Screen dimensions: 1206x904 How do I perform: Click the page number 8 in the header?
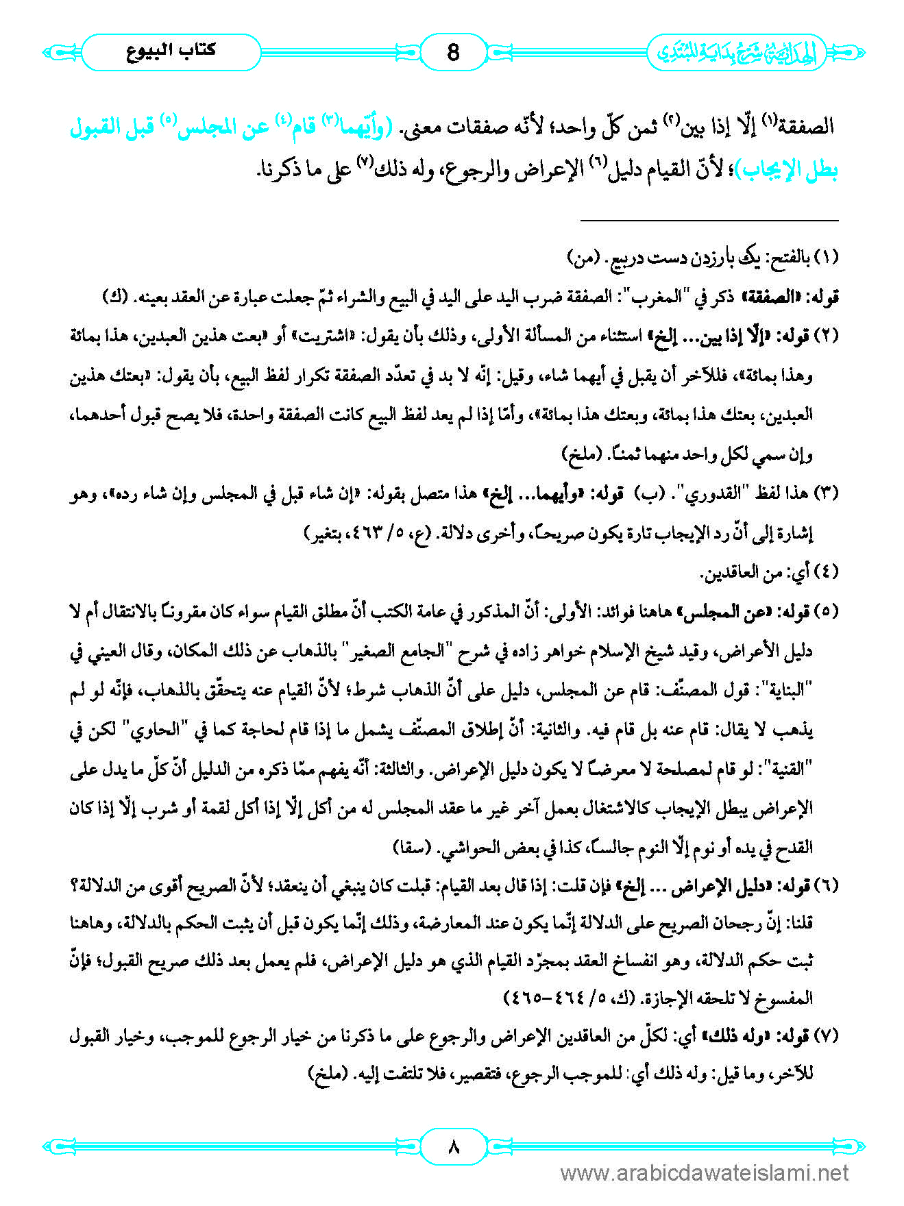tap(452, 52)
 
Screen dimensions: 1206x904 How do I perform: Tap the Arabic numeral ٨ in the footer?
tap(452, 1146)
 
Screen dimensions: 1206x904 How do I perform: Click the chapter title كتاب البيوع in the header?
tap(171, 51)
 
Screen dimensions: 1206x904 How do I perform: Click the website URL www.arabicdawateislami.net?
tap(705, 1174)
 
